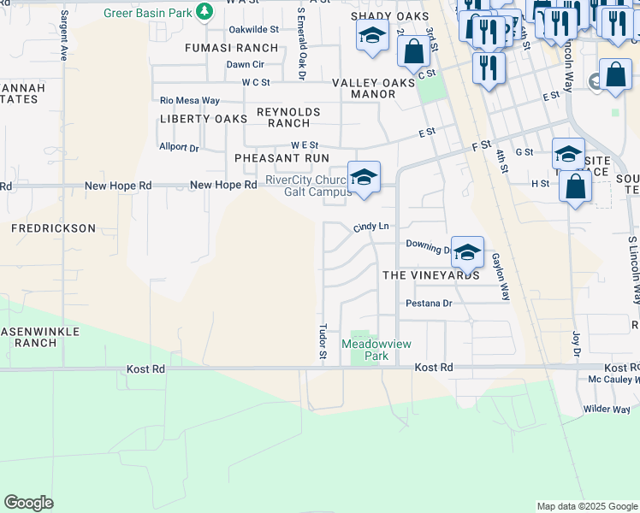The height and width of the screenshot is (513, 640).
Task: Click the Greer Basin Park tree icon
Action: click(x=204, y=11)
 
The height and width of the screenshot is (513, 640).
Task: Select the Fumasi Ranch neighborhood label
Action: click(x=231, y=48)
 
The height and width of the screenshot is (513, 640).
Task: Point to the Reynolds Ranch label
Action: click(x=288, y=117)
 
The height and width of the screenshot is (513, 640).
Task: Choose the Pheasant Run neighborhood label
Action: click(x=281, y=158)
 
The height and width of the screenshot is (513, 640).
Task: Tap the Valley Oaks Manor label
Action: click(x=374, y=88)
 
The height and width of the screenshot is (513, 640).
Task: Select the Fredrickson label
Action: click(x=53, y=228)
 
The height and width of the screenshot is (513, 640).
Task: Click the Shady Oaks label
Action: click(x=387, y=16)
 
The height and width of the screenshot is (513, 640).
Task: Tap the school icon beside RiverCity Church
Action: click(x=364, y=177)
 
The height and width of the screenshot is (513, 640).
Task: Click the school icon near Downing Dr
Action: click(x=467, y=251)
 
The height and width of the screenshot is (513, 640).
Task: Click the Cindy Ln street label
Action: click(x=371, y=227)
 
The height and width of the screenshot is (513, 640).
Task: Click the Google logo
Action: click(x=28, y=503)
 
